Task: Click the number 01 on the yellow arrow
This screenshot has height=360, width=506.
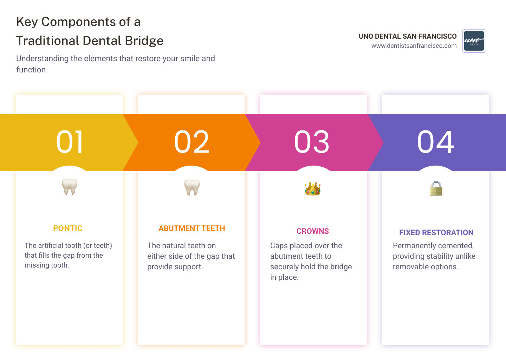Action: [x=70, y=142]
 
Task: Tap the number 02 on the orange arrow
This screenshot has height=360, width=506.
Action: [x=192, y=142]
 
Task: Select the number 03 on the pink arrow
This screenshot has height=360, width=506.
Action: [x=312, y=142]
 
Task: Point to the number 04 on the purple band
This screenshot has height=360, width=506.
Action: [x=435, y=142]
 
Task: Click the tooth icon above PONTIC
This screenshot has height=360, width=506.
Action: [x=70, y=187]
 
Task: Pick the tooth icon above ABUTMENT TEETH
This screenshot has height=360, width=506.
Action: [x=192, y=187]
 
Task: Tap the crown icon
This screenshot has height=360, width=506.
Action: [x=313, y=189]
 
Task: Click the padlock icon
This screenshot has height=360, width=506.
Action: [x=436, y=188]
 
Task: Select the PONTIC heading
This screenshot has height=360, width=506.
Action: [x=68, y=229]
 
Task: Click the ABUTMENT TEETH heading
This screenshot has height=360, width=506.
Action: [x=192, y=229]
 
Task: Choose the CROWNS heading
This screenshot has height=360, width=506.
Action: [x=313, y=231]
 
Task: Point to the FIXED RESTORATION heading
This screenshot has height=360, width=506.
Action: [x=436, y=233]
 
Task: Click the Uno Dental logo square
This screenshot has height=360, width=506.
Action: [x=474, y=41]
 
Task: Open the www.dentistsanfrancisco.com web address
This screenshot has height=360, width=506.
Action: [x=414, y=46]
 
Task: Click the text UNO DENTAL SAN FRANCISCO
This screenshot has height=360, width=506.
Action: [x=408, y=36]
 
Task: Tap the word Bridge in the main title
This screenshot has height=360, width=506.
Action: [x=144, y=41]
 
